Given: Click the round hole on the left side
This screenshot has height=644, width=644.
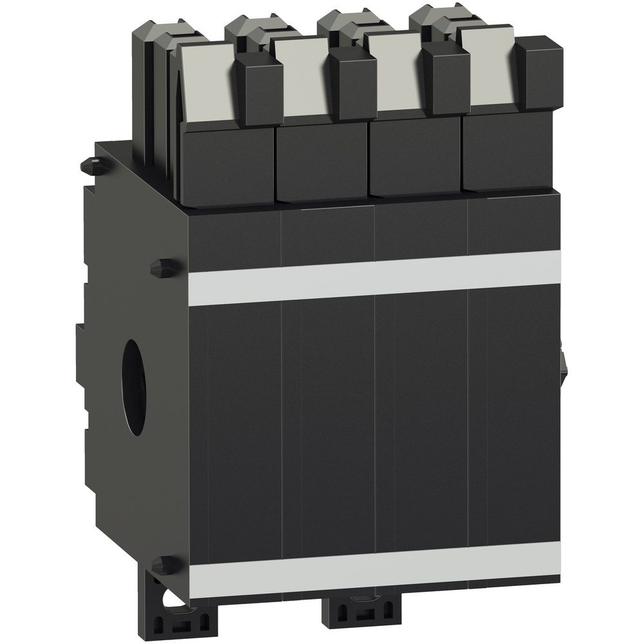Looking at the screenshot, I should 137,380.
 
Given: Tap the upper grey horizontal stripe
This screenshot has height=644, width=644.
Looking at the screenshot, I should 374,277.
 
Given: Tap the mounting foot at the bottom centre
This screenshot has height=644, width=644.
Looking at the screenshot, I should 351,618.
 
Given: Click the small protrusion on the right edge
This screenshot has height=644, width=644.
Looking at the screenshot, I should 563,361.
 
